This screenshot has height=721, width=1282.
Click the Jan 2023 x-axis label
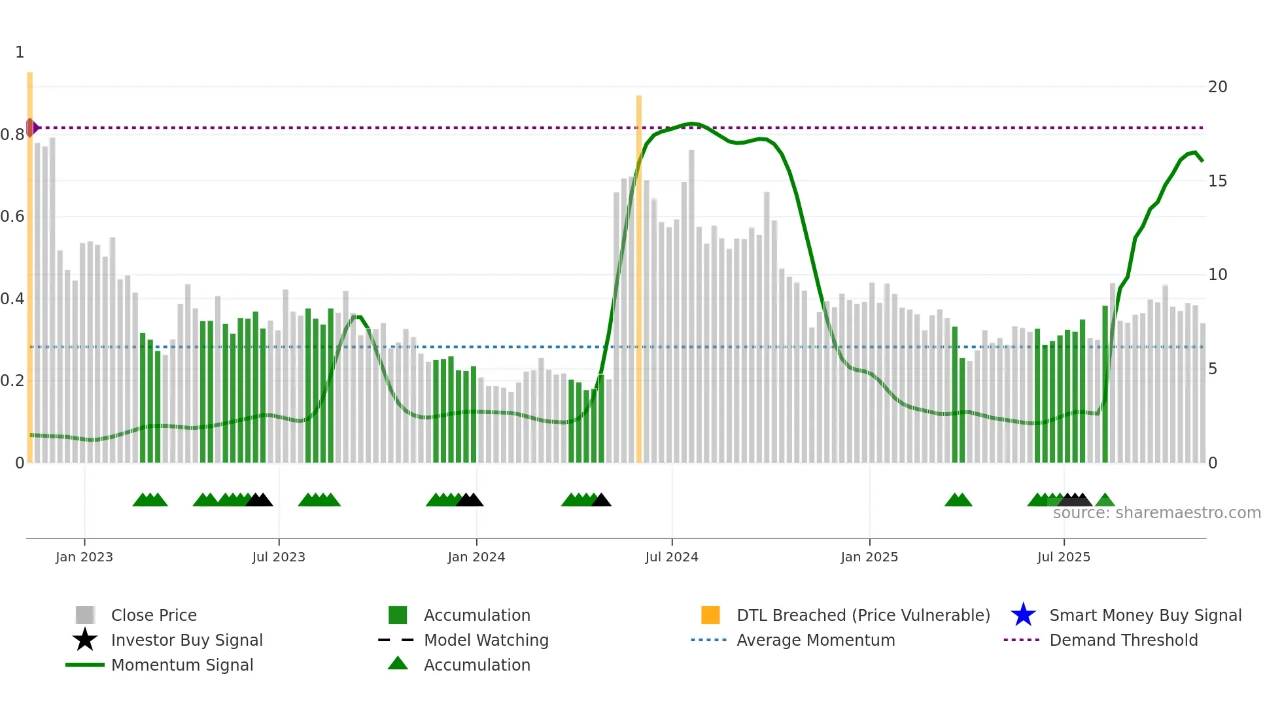[84, 557]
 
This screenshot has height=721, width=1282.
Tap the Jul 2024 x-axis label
[672, 557]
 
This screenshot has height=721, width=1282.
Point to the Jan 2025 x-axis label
[869, 557]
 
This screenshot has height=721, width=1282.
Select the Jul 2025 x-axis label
[1064, 557]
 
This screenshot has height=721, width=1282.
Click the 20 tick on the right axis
[1217, 87]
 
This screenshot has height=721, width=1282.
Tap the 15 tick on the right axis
[1217, 181]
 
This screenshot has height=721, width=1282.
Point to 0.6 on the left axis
[12, 217]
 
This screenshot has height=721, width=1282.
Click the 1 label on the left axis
[20, 52]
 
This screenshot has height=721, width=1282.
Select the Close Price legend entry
[154, 615]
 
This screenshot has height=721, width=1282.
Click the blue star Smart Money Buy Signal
[1023, 615]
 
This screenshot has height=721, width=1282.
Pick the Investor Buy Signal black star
[85, 640]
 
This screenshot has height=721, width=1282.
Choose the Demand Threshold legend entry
[1123, 640]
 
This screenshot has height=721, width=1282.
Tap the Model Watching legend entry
[486, 640]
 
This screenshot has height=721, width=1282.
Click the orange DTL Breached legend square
[710, 615]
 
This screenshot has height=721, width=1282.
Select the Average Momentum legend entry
[816, 640]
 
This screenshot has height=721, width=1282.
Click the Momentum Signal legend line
[85, 665]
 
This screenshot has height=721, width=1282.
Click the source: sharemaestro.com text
[1156, 513]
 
